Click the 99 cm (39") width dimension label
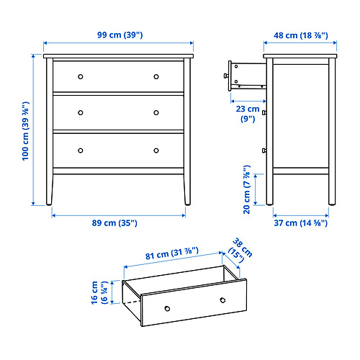[119, 34]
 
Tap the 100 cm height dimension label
[26, 130]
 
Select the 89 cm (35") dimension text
[119, 223]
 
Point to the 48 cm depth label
[300, 34]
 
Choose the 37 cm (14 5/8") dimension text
[300, 223]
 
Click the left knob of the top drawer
[81, 76]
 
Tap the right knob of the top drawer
[156, 76]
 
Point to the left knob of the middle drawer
[81, 112]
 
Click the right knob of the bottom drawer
[156, 150]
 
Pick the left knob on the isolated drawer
[167, 307]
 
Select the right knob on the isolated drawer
[222, 299]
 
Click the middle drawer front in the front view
[119, 112]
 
